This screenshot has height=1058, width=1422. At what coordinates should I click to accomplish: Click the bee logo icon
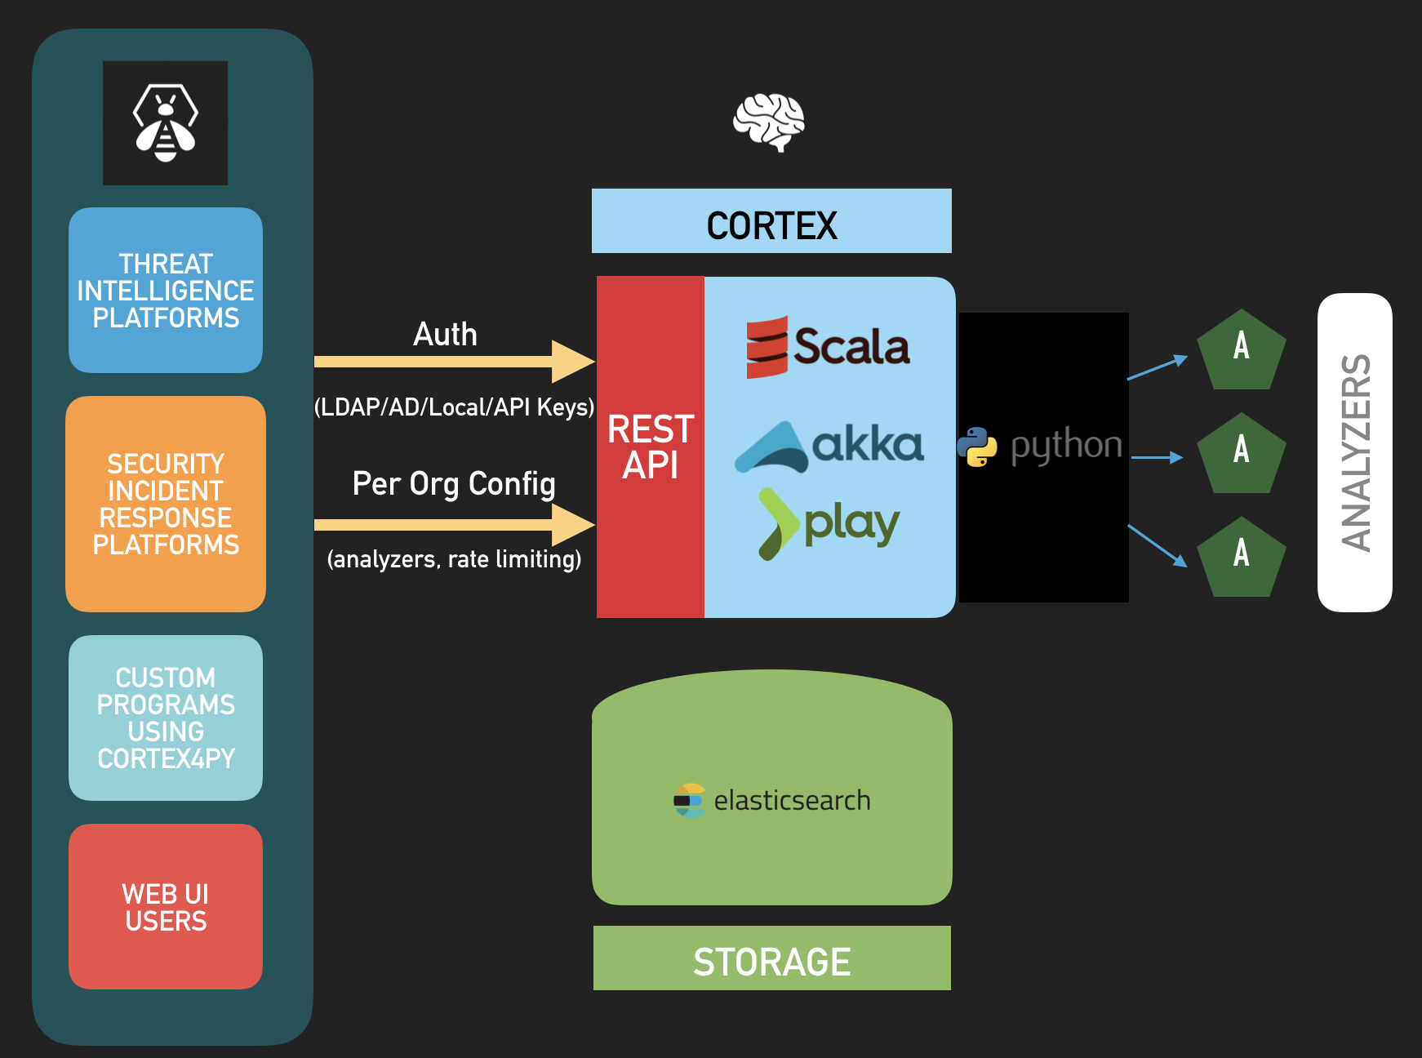tap(166, 123)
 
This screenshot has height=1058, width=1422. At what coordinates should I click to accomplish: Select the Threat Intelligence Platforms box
tap(166, 290)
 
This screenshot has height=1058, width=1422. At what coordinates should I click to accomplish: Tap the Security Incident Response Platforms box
tap(166, 504)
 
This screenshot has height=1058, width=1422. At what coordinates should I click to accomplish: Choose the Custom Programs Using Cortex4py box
tap(166, 718)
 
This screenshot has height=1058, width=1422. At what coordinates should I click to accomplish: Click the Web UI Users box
tap(166, 906)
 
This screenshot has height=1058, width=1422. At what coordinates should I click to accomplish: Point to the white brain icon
tap(769, 122)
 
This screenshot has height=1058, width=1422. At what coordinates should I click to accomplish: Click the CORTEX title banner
tap(771, 221)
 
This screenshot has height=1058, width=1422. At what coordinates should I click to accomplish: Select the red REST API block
tap(651, 447)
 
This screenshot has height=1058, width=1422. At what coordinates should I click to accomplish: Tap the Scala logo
tap(828, 347)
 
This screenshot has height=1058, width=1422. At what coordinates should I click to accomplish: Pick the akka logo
tap(829, 447)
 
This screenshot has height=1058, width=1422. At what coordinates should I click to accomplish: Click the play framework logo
tap(829, 524)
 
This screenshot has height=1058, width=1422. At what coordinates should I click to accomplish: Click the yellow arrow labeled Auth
tap(455, 362)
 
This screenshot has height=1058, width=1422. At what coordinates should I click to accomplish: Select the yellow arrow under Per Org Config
tap(455, 525)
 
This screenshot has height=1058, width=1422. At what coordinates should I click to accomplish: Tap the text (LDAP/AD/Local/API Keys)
tap(455, 407)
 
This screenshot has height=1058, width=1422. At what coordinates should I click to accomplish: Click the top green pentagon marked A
tap(1242, 351)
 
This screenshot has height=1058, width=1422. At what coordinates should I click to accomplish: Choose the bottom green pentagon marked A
tap(1242, 558)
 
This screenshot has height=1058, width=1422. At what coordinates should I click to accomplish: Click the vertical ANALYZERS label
tap(1356, 452)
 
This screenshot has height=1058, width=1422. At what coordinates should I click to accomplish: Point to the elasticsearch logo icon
tap(689, 801)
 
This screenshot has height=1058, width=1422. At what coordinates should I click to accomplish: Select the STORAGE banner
tap(772, 958)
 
